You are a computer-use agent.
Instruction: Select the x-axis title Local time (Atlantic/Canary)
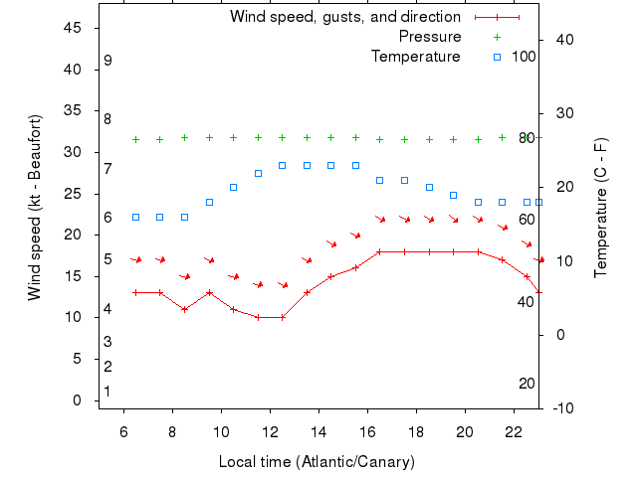pos(317,462)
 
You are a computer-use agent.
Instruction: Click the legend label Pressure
pos(430,37)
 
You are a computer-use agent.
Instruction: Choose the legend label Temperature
pos(416,57)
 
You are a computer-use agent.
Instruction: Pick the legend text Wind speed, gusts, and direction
pos(345,17)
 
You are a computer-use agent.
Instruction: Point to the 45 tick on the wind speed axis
pos(73,28)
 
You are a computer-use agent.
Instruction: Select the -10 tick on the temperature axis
pos(561,407)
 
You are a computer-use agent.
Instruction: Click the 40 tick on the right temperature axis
pos(561,40)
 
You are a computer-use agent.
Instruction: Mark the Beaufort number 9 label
pos(107,61)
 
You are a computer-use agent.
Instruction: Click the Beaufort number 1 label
pos(107,392)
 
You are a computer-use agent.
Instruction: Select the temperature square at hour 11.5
pos(258,173)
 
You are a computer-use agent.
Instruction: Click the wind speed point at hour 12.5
pos(283,317)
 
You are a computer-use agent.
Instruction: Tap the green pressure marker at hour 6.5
pos(136,139)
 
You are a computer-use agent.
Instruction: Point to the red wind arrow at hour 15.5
pos(355,235)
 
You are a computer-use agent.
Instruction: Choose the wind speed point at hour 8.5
pos(185,309)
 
